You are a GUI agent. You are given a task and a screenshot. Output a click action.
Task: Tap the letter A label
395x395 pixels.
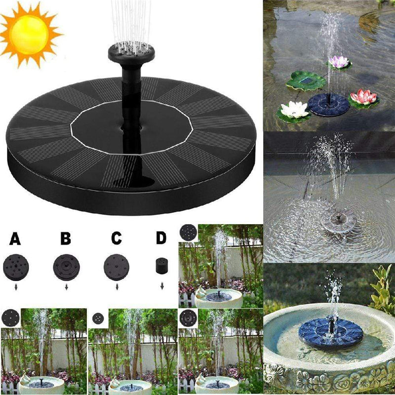coord(15,239)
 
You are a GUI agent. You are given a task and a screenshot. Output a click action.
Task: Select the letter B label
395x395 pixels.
coord(66,239)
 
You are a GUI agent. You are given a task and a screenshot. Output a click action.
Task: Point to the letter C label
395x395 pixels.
coord(116,239)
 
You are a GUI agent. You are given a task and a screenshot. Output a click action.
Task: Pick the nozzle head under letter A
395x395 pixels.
coord(16,267)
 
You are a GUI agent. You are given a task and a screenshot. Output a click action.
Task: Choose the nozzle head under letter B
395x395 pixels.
coord(66,267)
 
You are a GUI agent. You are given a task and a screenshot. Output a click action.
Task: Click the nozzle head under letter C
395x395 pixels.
coord(117,267)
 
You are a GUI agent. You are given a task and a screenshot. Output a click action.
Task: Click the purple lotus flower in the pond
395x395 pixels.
coord(338,62)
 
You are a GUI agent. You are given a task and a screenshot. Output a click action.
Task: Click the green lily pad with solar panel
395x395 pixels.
coord(306,79)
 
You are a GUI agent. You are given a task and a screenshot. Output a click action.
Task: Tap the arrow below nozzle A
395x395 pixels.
coord(16,286)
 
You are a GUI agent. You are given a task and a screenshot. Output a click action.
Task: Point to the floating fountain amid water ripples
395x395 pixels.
coord(338,221)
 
